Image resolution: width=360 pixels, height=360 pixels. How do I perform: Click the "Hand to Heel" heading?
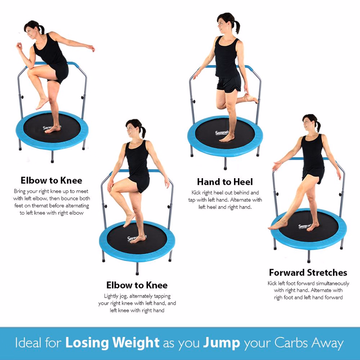pos(225,182)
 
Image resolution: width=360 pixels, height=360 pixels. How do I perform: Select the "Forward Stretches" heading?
pos(308,273)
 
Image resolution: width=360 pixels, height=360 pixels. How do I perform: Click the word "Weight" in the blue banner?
pos(136,343)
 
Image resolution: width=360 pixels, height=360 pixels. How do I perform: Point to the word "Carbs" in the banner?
pos(291,343)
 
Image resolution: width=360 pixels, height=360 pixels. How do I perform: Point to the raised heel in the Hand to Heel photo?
pos(249,98)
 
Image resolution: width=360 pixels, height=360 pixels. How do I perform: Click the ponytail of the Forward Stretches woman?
pos(318,126)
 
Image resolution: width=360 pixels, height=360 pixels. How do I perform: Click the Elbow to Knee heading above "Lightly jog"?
pos(137,285)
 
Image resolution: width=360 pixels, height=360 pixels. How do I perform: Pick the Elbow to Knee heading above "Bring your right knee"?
pos(51,180)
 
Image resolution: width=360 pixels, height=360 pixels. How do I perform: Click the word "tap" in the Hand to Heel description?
pos(192,200)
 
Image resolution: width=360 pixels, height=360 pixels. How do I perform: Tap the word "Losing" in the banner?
pos(87,343)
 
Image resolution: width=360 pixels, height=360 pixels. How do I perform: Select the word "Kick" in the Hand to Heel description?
pos(196,193)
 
